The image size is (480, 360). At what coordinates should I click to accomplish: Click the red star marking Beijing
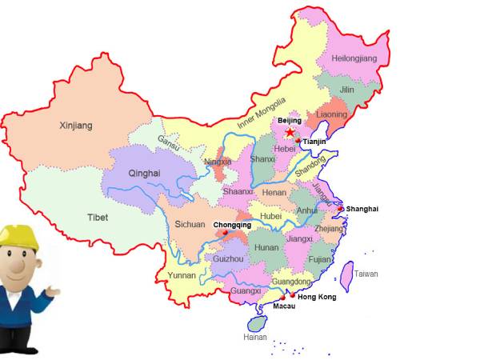[290, 133]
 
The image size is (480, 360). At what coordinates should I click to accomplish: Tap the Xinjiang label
[76, 126]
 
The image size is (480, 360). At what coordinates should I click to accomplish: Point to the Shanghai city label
[362, 209]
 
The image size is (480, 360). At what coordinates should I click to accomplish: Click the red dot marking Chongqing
[226, 234]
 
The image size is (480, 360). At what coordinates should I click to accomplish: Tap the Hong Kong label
[317, 297]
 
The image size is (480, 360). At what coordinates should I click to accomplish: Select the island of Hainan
[257, 323]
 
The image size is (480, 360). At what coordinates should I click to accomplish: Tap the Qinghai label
[145, 173]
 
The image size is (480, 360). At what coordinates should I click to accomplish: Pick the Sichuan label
[190, 225]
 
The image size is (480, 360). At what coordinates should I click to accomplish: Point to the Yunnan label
[182, 275]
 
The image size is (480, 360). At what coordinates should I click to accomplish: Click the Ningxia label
[218, 162]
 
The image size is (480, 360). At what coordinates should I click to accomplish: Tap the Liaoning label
[332, 114]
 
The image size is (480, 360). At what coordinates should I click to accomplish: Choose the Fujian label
[320, 259]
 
